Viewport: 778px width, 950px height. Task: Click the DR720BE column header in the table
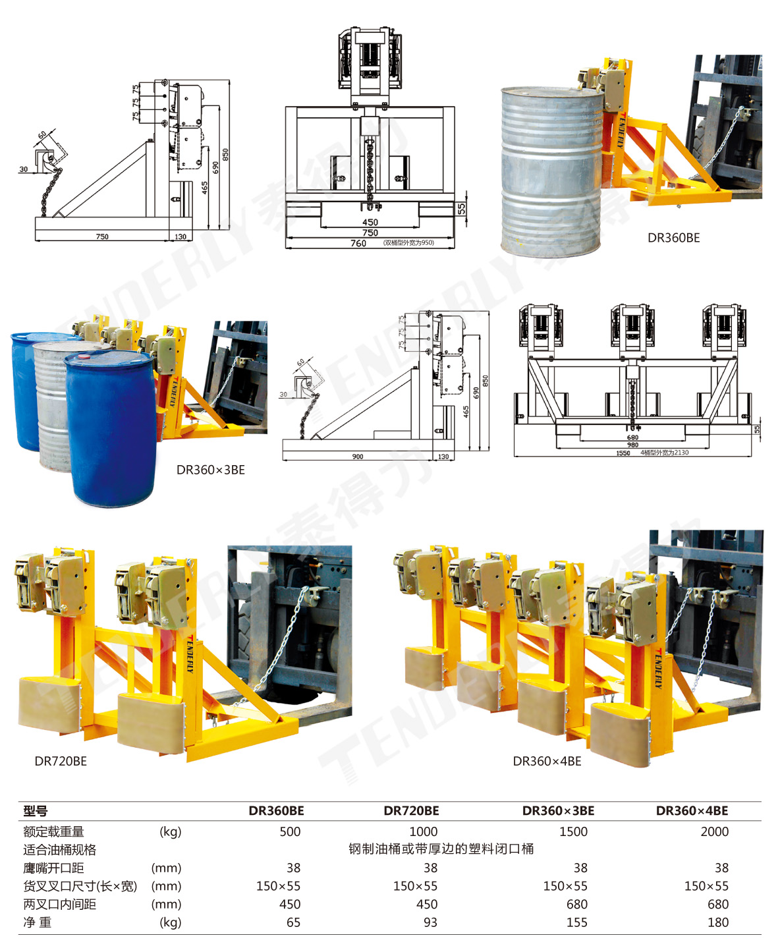[411, 810]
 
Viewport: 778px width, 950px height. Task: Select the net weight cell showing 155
[576, 922]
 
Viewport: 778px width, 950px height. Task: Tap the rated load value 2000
[714, 831]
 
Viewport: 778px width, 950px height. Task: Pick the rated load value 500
[290, 831]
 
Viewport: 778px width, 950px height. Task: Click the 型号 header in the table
[35, 811]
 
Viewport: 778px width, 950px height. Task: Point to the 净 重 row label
[37, 922]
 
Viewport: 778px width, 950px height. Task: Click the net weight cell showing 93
[430, 922]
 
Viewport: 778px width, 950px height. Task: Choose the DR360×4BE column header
[692, 810]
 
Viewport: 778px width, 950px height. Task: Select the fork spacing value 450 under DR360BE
[290, 905]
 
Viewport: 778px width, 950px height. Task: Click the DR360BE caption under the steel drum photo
[673, 238]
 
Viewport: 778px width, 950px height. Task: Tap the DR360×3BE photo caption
[211, 470]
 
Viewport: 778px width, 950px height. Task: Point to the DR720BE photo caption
[61, 761]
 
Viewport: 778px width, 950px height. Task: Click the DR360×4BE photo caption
[547, 761]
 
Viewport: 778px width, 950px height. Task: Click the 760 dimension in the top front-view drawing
[358, 243]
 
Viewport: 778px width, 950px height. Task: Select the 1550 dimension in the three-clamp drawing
[623, 453]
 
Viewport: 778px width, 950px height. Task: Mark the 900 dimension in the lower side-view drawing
[358, 457]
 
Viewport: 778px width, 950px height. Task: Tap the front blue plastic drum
[111, 428]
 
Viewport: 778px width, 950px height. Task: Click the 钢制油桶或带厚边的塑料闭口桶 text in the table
[441, 849]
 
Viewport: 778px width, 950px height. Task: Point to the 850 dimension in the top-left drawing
[225, 154]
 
